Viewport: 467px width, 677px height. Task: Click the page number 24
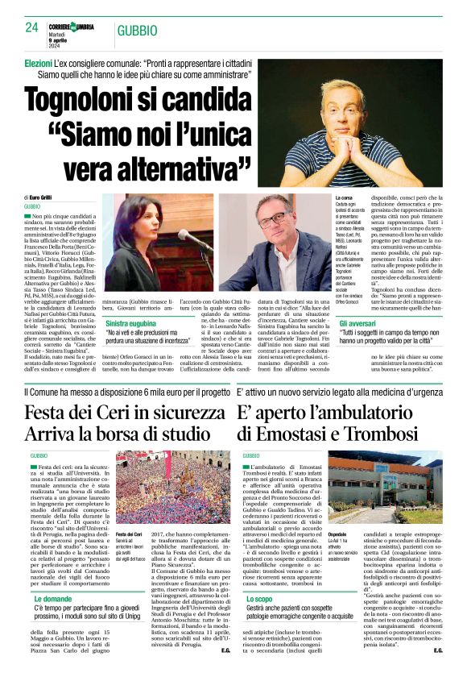[32, 27]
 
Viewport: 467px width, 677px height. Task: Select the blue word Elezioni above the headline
[39, 62]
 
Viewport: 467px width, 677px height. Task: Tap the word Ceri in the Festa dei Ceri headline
[101, 412]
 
